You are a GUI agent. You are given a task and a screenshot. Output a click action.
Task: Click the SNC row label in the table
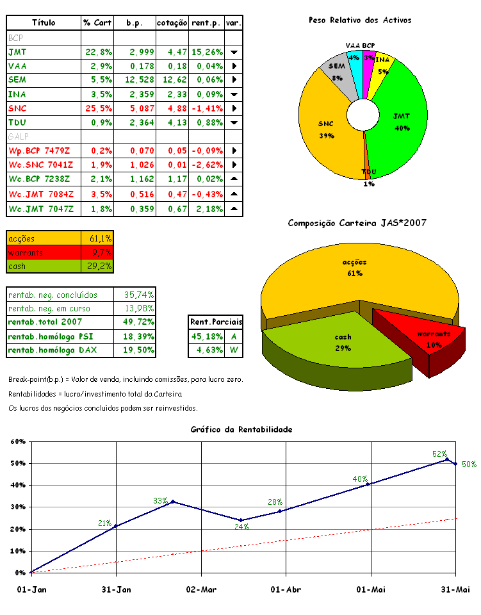(x=18, y=108)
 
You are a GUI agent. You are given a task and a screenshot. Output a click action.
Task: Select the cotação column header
(x=172, y=22)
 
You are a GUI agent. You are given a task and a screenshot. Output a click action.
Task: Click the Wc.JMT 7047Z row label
(x=41, y=209)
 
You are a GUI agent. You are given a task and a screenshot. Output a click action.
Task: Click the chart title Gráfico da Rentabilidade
(x=241, y=429)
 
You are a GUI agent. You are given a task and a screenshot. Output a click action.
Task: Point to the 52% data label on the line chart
(x=439, y=454)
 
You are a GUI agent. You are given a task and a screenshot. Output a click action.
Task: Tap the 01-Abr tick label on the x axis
(x=285, y=589)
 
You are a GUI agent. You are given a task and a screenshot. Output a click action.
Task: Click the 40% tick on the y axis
(x=17, y=486)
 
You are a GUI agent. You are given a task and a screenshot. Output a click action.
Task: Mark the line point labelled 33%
(x=173, y=502)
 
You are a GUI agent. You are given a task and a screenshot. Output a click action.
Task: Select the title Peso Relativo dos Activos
(x=360, y=20)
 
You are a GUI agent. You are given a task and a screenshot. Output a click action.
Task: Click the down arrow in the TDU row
(x=234, y=123)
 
